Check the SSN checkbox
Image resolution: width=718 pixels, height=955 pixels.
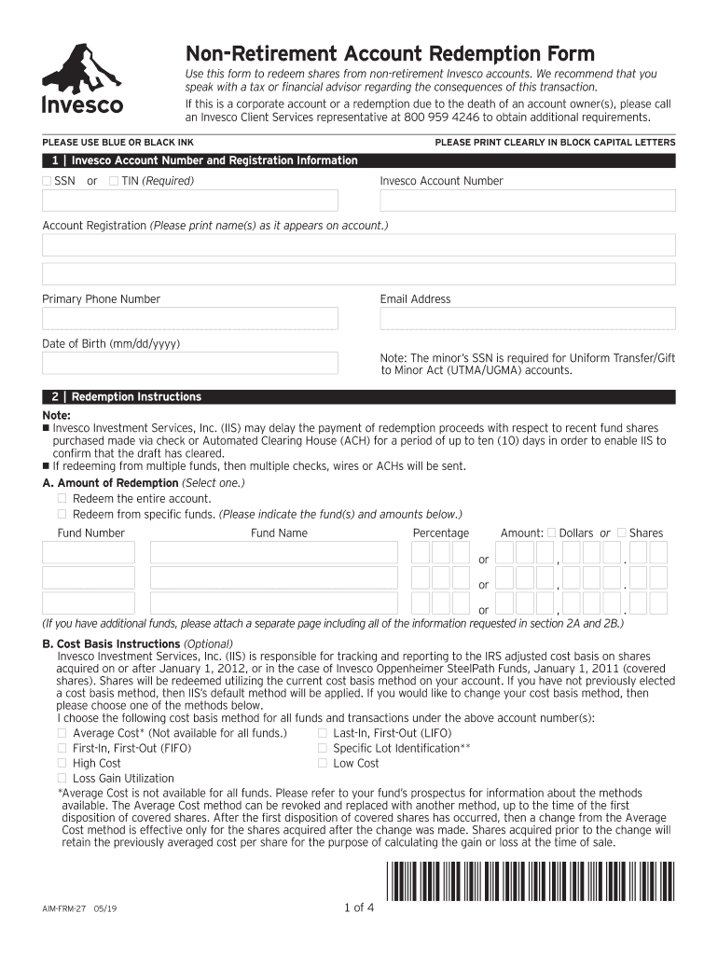[x=48, y=181]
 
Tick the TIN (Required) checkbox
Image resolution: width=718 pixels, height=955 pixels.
[x=113, y=181]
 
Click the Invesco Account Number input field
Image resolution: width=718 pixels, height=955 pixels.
[x=527, y=201]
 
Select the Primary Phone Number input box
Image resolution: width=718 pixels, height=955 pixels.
[x=190, y=318]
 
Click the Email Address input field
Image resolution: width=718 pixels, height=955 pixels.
[x=527, y=318]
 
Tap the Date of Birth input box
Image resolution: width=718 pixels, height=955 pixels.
[x=190, y=363]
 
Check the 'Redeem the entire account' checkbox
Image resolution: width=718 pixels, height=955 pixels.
[x=62, y=499]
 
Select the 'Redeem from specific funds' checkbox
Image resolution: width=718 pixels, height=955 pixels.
[x=62, y=514]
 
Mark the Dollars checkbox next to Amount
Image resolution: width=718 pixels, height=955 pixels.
[x=551, y=533]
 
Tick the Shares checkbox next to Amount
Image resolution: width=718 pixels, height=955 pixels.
[x=622, y=533]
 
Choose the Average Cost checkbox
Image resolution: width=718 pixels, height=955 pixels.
[x=62, y=733]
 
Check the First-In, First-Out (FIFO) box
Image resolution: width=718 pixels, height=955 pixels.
[x=62, y=748]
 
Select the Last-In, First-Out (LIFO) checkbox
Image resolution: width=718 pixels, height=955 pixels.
[x=323, y=733]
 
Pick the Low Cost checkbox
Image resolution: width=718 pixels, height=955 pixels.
[x=323, y=763]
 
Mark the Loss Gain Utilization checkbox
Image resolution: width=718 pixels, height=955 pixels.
[x=62, y=778]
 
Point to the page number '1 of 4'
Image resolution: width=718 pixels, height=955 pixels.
[x=358, y=908]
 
